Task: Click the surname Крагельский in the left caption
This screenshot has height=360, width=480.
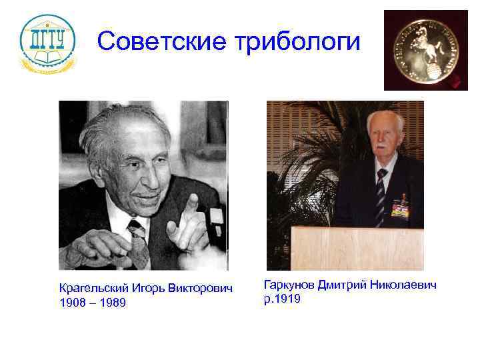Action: click(x=91, y=290)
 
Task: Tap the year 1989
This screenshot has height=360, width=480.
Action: click(x=112, y=303)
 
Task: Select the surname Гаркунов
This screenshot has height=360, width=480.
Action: click(x=289, y=285)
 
